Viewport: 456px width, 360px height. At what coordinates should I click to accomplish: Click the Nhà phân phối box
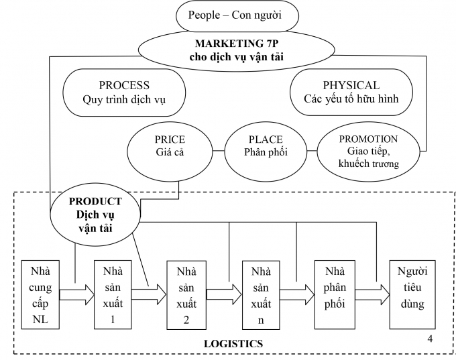(334, 294)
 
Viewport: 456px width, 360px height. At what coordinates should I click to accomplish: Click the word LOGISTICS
(233, 344)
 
